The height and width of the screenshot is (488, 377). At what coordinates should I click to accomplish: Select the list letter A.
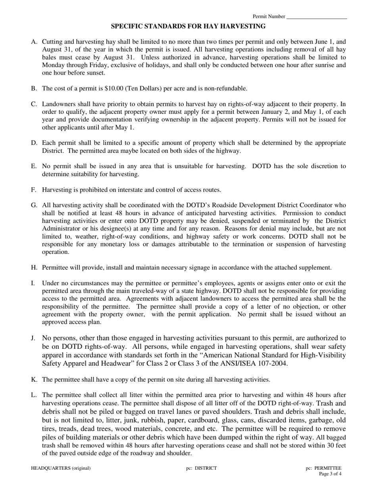pyautogui.click(x=34, y=42)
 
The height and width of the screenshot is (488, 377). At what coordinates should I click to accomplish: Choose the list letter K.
pyautogui.click(x=34, y=380)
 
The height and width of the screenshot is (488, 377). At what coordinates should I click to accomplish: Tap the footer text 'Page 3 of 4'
pyautogui.click(x=330, y=474)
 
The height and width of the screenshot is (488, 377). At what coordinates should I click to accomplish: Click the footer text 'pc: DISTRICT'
pyautogui.click(x=201, y=468)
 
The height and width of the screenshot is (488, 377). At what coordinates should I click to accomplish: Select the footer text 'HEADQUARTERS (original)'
pyautogui.click(x=61, y=468)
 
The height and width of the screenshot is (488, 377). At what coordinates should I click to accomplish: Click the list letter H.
pyautogui.click(x=34, y=268)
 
